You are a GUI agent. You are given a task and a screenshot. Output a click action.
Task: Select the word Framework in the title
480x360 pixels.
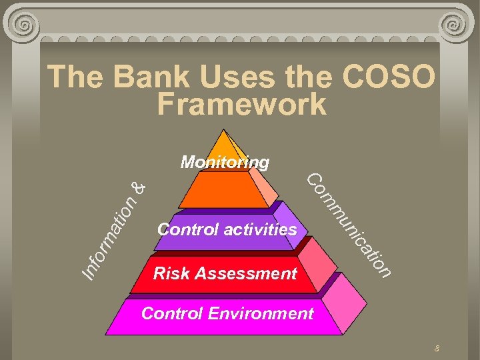point(242,105)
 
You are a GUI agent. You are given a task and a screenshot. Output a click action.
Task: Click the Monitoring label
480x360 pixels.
point(225,162)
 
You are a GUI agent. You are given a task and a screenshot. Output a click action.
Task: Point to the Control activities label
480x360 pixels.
point(227,230)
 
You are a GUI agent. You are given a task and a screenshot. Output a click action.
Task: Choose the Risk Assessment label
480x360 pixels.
point(225,273)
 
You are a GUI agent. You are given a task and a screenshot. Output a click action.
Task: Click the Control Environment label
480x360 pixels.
point(227,313)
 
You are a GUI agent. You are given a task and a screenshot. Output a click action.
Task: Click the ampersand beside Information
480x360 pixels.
point(138,189)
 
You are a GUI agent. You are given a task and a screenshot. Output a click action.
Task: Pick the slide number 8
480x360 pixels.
point(437,348)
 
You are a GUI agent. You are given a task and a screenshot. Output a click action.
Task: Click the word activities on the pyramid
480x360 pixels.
point(260,230)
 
